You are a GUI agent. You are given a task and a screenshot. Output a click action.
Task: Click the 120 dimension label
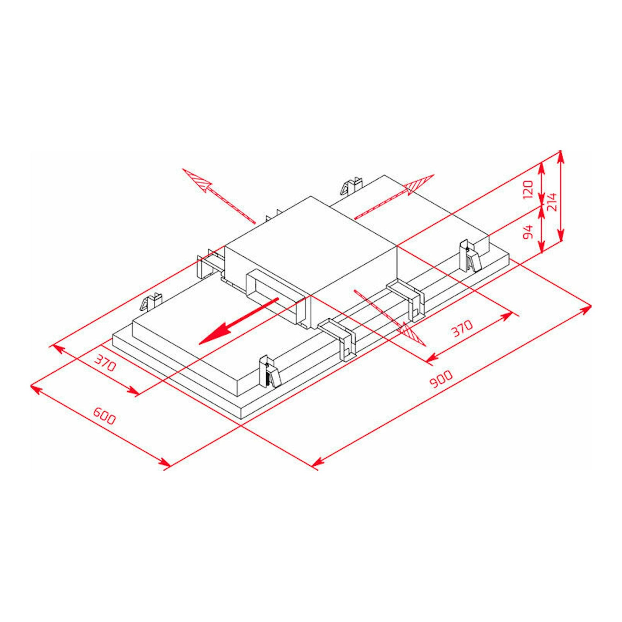[528, 190]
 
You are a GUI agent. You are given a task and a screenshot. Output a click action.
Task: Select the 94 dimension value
[528, 232]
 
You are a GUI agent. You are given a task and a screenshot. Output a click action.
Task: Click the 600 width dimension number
[104, 416]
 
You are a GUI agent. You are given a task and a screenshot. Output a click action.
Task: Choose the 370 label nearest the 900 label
[461, 328]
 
